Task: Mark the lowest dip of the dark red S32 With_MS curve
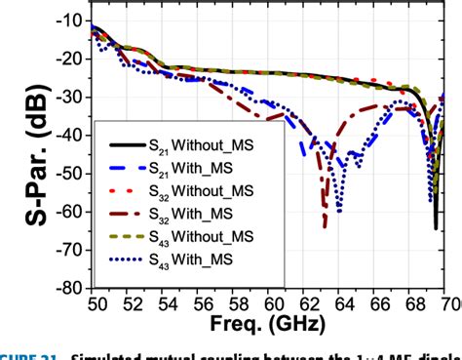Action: pos(325,225)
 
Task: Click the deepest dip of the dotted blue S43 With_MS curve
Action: pos(338,211)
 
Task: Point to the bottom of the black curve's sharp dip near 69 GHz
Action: pos(435,227)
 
